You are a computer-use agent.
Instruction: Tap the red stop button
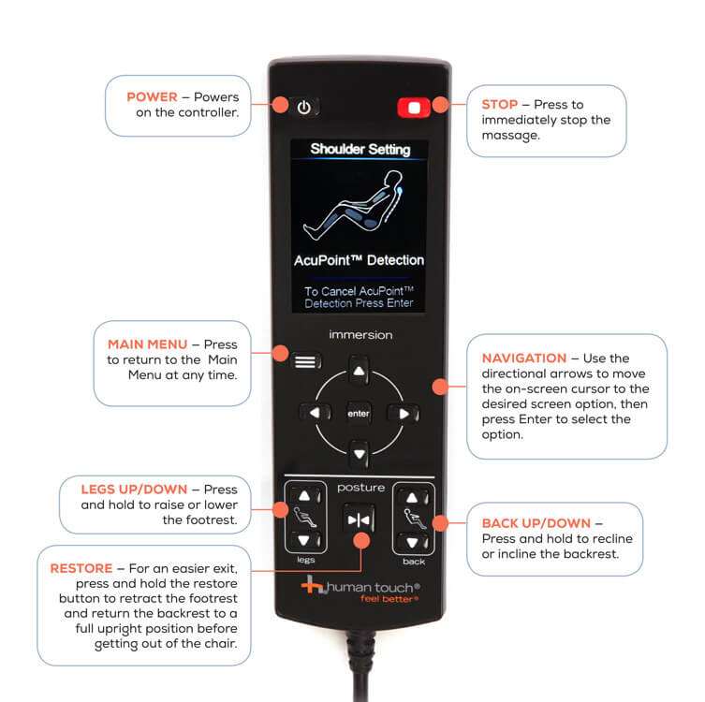tap(414, 108)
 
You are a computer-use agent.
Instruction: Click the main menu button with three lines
tap(307, 361)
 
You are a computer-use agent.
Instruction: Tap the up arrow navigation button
tap(359, 371)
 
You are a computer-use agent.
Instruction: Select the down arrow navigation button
tap(359, 454)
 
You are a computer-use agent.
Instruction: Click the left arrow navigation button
tap(315, 413)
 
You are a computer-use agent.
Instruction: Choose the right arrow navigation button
tap(404, 414)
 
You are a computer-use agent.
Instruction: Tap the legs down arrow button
tap(305, 540)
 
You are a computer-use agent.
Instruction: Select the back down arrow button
tap(412, 542)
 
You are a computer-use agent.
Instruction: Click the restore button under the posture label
tap(359, 520)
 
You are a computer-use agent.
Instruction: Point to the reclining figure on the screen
tap(353, 205)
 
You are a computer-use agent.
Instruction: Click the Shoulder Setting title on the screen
tap(360, 149)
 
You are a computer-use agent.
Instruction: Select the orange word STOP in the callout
tap(500, 104)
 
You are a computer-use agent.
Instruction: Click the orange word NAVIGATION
tap(523, 358)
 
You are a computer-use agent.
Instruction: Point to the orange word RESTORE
tap(81, 568)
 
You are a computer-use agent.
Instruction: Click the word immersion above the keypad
tap(360, 335)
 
